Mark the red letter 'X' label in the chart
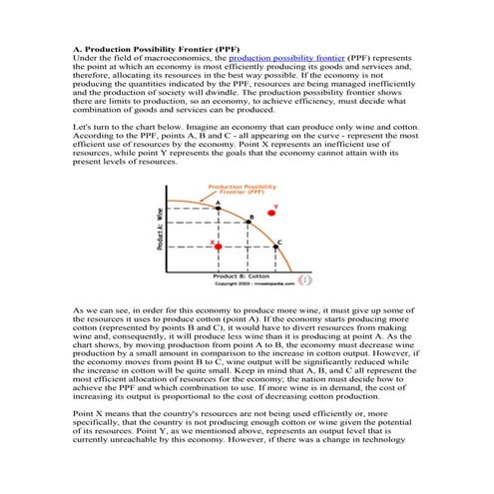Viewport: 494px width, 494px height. pyautogui.click(x=211, y=243)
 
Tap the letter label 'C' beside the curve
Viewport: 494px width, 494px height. pyautogui.click(x=278, y=242)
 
